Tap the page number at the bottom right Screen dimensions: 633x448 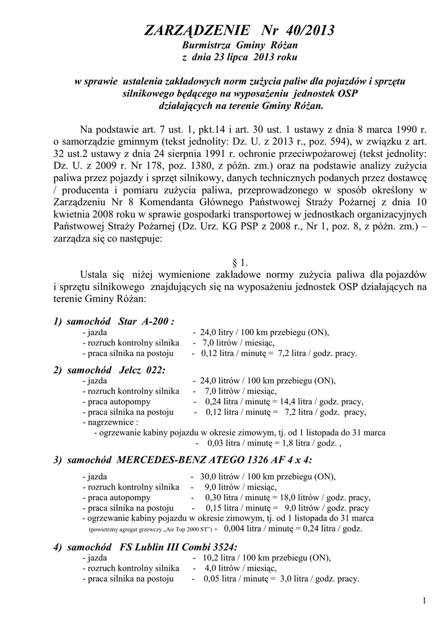pyautogui.click(x=424, y=601)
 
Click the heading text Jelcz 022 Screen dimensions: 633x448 pyautogui.click(x=142, y=369)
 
